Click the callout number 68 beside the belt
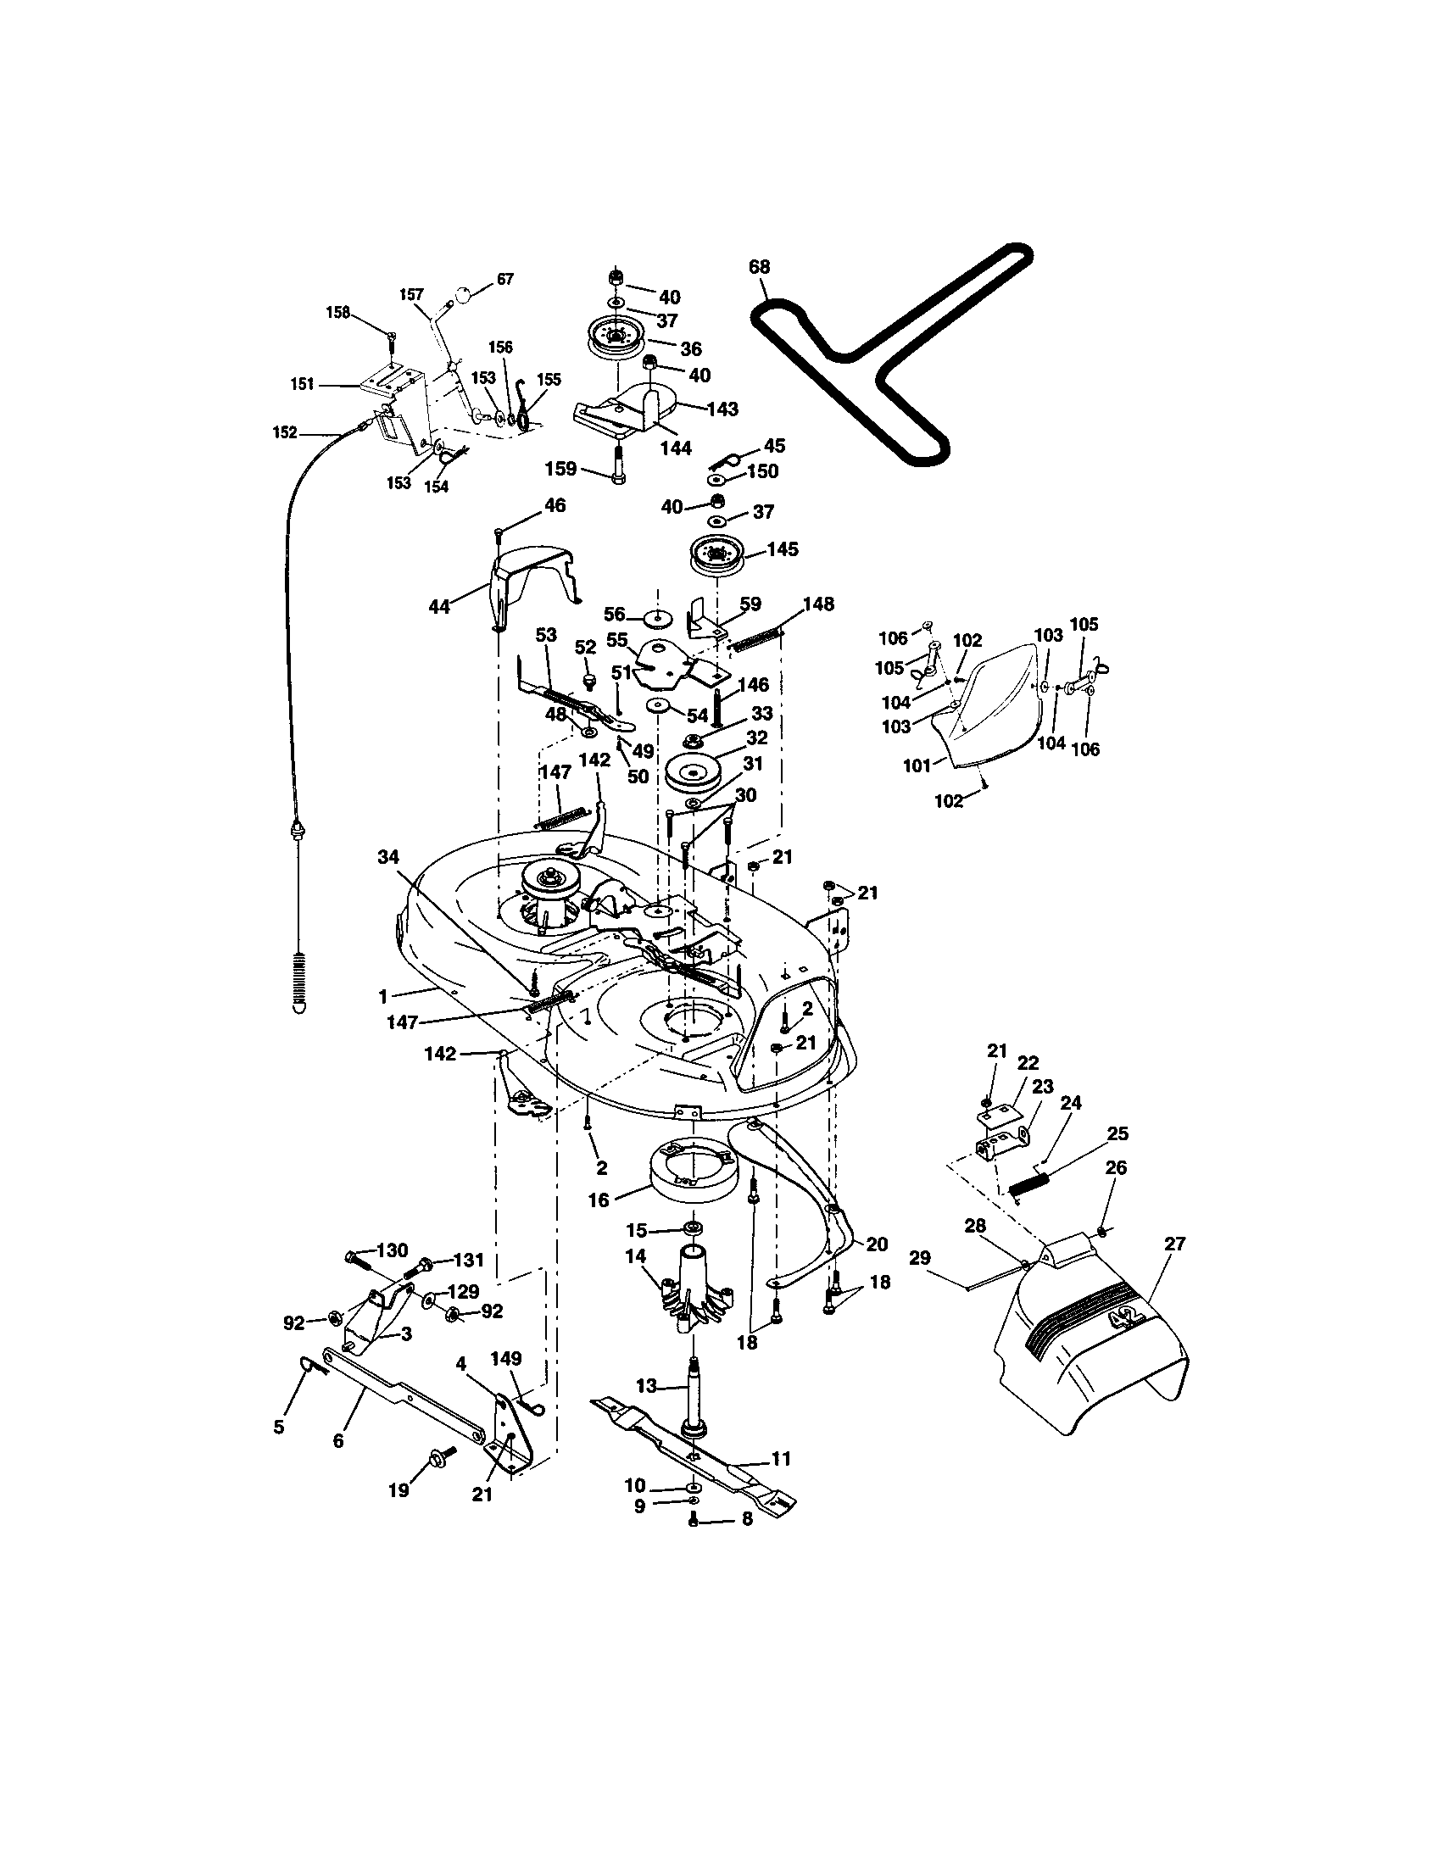(760, 267)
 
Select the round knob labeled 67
(462, 295)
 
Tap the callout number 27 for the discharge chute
(1175, 1244)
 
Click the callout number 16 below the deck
(599, 1200)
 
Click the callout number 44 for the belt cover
(440, 607)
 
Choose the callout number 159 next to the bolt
(561, 469)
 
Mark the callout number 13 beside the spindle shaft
(646, 1385)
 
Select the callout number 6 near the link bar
(338, 1440)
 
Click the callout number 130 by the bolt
(392, 1251)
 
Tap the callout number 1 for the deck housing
(383, 995)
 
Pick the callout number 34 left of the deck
(388, 856)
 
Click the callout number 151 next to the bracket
(303, 384)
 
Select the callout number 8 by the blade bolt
(747, 1520)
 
